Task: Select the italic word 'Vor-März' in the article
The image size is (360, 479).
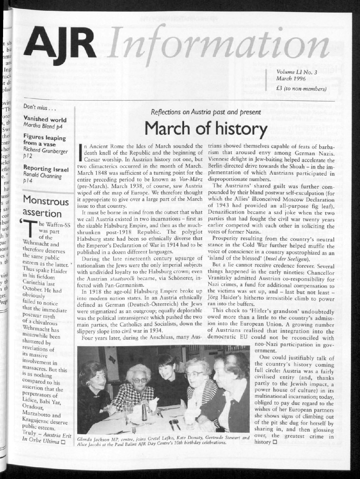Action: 191,178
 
